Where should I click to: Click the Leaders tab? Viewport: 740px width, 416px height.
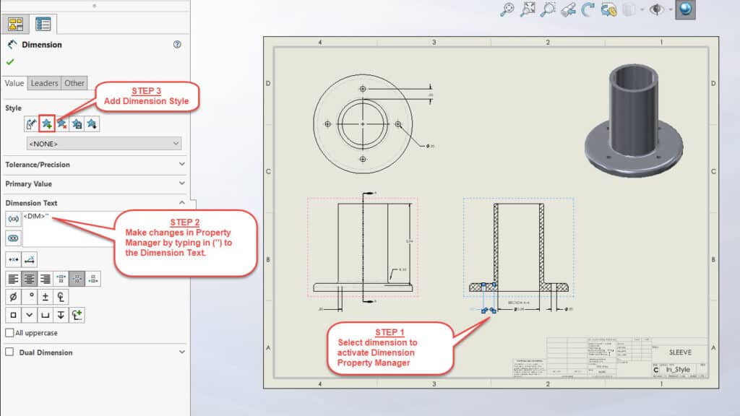click(x=44, y=83)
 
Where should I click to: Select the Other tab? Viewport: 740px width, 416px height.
click(x=74, y=83)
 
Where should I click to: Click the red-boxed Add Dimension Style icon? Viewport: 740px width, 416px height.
click(x=47, y=124)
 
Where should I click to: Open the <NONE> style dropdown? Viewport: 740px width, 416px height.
click(x=103, y=144)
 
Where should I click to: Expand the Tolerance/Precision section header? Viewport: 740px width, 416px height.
click(x=94, y=165)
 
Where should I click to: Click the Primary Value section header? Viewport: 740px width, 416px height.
click(x=94, y=183)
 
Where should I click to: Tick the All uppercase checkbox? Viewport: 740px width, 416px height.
click(x=9, y=333)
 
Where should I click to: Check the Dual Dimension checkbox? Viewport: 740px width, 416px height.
click(x=9, y=352)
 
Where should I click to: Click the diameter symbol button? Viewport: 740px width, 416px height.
click(x=13, y=296)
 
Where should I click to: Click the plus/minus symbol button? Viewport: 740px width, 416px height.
click(x=46, y=296)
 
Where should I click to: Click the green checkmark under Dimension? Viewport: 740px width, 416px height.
click(x=10, y=62)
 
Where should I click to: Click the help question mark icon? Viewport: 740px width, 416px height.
click(x=177, y=45)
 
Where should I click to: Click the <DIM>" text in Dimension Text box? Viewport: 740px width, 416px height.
click(x=36, y=215)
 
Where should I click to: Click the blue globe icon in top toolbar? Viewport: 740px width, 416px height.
click(x=685, y=9)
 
